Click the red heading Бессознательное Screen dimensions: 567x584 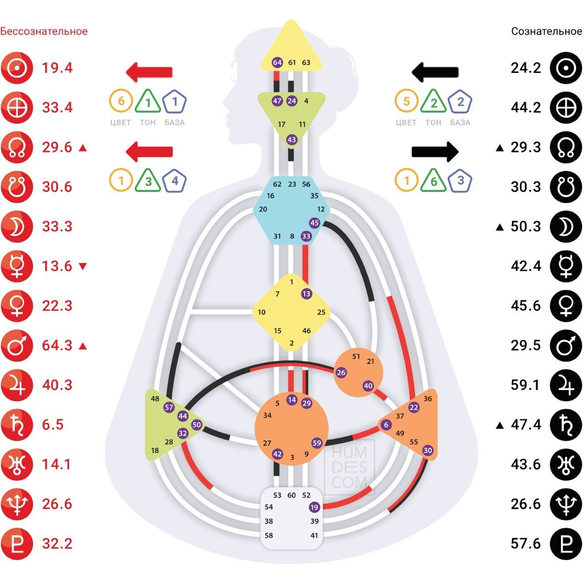(x=44, y=32)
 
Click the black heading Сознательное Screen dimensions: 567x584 (x=546, y=32)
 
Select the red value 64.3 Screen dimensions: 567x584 (x=57, y=346)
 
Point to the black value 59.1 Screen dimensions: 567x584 (x=526, y=385)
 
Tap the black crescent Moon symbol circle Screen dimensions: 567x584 (x=566, y=227)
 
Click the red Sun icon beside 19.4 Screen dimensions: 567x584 (x=17, y=68)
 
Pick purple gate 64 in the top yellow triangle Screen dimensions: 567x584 (x=277, y=62)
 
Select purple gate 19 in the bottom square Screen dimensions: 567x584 (x=314, y=507)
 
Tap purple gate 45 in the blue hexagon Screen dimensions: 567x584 (x=314, y=223)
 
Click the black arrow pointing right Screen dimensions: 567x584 (x=435, y=151)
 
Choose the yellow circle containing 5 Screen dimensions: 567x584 (x=406, y=102)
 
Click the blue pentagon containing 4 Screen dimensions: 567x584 (x=175, y=180)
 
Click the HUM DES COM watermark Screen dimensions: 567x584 (x=349, y=467)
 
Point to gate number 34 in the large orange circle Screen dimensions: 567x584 (x=267, y=415)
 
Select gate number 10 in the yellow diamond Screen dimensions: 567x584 (x=262, y=312)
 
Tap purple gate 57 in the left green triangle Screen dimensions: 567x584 (x=169, y=408)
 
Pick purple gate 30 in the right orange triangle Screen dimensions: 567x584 (x=428, y=450)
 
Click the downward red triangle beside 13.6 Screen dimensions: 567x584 (x=83, y=266)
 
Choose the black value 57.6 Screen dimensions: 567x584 (x=526, y=544)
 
